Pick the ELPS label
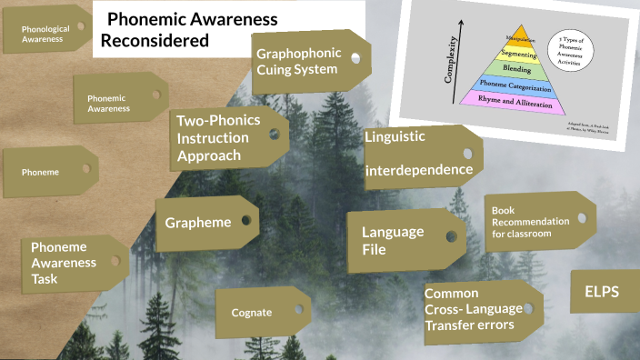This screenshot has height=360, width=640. point(601,294)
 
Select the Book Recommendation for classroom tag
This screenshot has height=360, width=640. point(532,222)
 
